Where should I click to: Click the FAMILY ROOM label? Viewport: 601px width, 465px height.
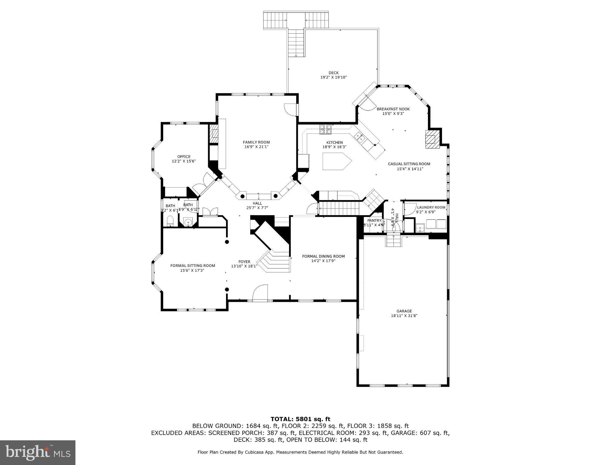pyautogui.click(x=256, y=142)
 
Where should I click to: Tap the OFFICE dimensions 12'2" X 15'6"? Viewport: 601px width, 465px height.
pyautogui.click(x=184, y=161)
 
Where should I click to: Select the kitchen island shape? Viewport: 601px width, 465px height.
pyautogui.click(x=336, y=161)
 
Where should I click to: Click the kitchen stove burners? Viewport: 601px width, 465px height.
pyautogui.click(x=325, y=129)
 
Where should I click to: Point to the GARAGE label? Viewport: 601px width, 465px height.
pyautogui.click(x=404, y=311)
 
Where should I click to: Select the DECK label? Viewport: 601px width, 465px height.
pyautogui.click(x=333, y=73)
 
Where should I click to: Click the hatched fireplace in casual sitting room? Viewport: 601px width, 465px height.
pyautogui.click(x=432, y=139)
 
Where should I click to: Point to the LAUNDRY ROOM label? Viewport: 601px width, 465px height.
pyautogui.click(x=431, y=207)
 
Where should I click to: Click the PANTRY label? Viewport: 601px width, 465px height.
pyautogui.click(x=374, y=220)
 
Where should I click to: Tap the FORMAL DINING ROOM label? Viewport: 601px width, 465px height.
pyautogui.click(x=323, y=256)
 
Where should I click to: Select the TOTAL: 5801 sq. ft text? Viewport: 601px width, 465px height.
pyautogui.click(x=300, y=419)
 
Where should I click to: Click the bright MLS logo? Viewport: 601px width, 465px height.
pyautogui.click(x=38, y=452)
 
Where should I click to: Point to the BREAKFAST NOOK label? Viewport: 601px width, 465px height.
pyautogui.click(x=393, y=109)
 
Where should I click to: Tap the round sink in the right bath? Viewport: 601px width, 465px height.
pyautogui.click(x=188, y=223)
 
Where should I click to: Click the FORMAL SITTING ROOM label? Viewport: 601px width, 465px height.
pyautogui.click(x=193, y=265)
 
